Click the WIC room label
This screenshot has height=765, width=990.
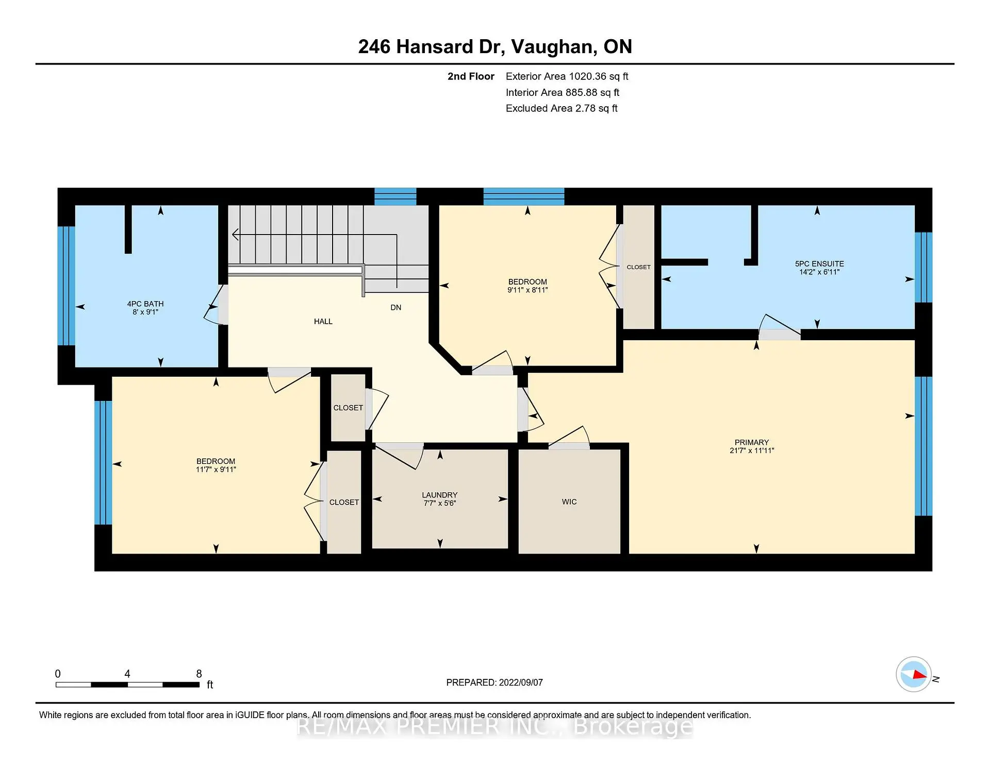tap(569, 502)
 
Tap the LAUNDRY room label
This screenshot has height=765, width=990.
tap(439, 495)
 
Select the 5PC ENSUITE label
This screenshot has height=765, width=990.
tap(819, 263)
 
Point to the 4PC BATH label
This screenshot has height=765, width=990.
tap(145, 304)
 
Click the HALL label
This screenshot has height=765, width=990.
tap(323, 321)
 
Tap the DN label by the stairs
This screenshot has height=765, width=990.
tap(395, 307)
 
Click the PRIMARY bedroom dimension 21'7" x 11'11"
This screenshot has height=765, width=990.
tap(752, 450)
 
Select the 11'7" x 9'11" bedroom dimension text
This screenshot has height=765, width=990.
tap(216, 469)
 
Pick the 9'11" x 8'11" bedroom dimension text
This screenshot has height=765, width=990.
tap(527, 290)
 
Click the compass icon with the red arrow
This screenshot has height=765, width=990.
tap(913, 674)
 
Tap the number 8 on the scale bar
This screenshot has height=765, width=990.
tap(199, 673)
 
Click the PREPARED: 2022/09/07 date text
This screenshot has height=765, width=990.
tap(494, 682)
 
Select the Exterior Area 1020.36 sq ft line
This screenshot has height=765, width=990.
tap(567, 76)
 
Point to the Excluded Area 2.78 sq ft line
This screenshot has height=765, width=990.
tap(561, 108)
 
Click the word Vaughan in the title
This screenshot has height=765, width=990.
tap(551, 46)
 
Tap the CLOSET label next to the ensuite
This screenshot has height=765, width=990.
tap(638, 267)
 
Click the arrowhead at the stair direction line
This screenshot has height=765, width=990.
tap(235, 235)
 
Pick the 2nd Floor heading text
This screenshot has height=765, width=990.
tap(470, 76)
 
